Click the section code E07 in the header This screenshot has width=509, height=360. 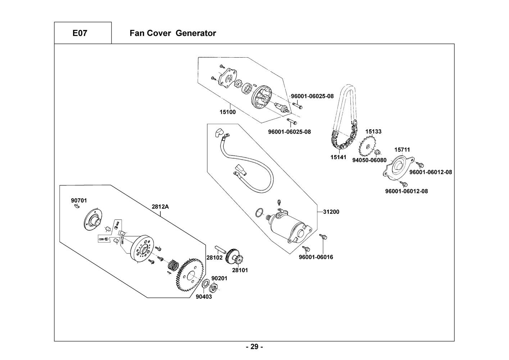coord(79,33)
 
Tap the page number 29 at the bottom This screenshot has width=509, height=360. coord(254,347)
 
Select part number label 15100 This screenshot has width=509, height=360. coord(228,112)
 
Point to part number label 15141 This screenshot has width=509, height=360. coord(338,157)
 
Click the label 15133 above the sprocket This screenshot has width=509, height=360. coord(373,132)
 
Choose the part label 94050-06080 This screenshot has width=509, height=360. coord(369,160)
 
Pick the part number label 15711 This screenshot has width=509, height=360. coord(402,150)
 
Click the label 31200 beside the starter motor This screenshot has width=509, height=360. coord(331,212)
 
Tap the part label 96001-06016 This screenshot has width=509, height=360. coord(316,257)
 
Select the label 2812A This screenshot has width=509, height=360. coord(160,207)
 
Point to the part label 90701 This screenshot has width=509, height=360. coord(79,201)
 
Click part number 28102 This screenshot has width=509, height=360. coord(214,258)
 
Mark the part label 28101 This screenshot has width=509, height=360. coord(240,270)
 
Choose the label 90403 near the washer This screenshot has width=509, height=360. coord(204,297)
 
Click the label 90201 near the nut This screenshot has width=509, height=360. coord(219,279)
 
